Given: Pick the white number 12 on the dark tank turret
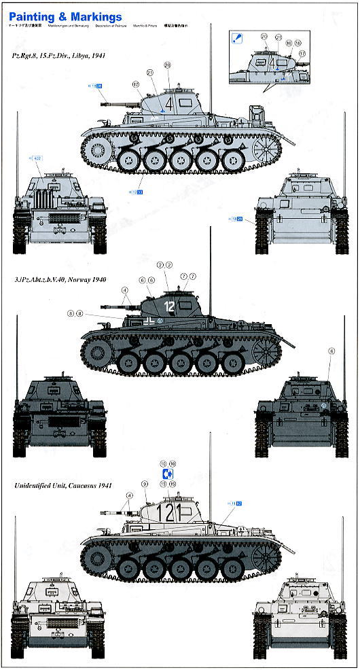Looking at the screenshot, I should [x=170, y=306].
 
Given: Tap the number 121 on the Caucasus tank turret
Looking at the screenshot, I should [x=164, y=511].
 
